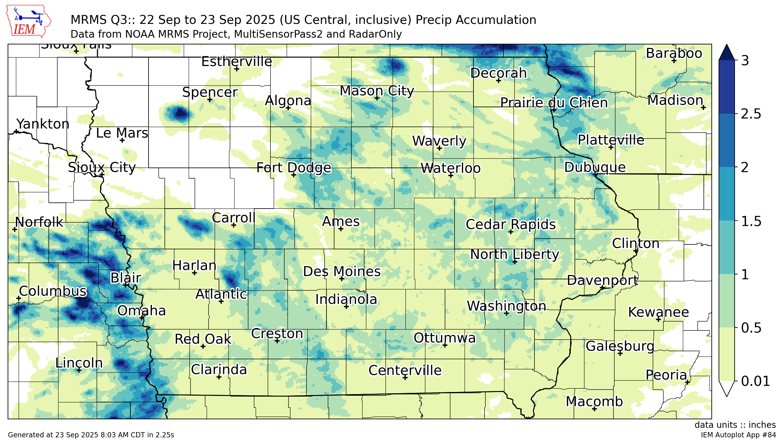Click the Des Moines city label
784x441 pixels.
pyautogui.click(x=341, y=271)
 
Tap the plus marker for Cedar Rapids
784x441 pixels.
pyautogui.click(x=511, y=232)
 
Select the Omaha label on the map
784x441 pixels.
pyautogui.click(x=141, y=311)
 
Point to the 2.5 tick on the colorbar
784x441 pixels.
pyautogui.click(x=736, y=114)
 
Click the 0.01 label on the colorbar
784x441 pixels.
pyautogui.click(x=755, y=381)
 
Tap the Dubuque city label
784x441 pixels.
pyautogui.click(x=595, y=167)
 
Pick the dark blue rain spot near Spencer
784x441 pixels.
pyautogui.click(x=180, y=113)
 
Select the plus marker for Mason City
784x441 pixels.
pyautogui.click(x=377, y=98)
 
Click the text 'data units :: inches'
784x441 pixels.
pyautogui.click(x=735, y=425)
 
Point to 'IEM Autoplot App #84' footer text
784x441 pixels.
pyautogui.click(x=738, y=435)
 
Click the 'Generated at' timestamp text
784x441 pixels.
pyautogui.click(x=91, y=435)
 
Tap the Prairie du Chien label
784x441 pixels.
pyautogui.click(x=554, y=103)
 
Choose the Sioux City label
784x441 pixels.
pyautogui.click(x=102, y=167)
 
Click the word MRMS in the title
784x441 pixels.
pyautogui.click(x=88, y=20)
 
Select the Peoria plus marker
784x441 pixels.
pyautogui.click(x=688, y=382)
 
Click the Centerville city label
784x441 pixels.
pyautogui.click(x=405, y=370)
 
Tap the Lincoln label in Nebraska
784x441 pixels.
pyautogui.click(x=79, y=363)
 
